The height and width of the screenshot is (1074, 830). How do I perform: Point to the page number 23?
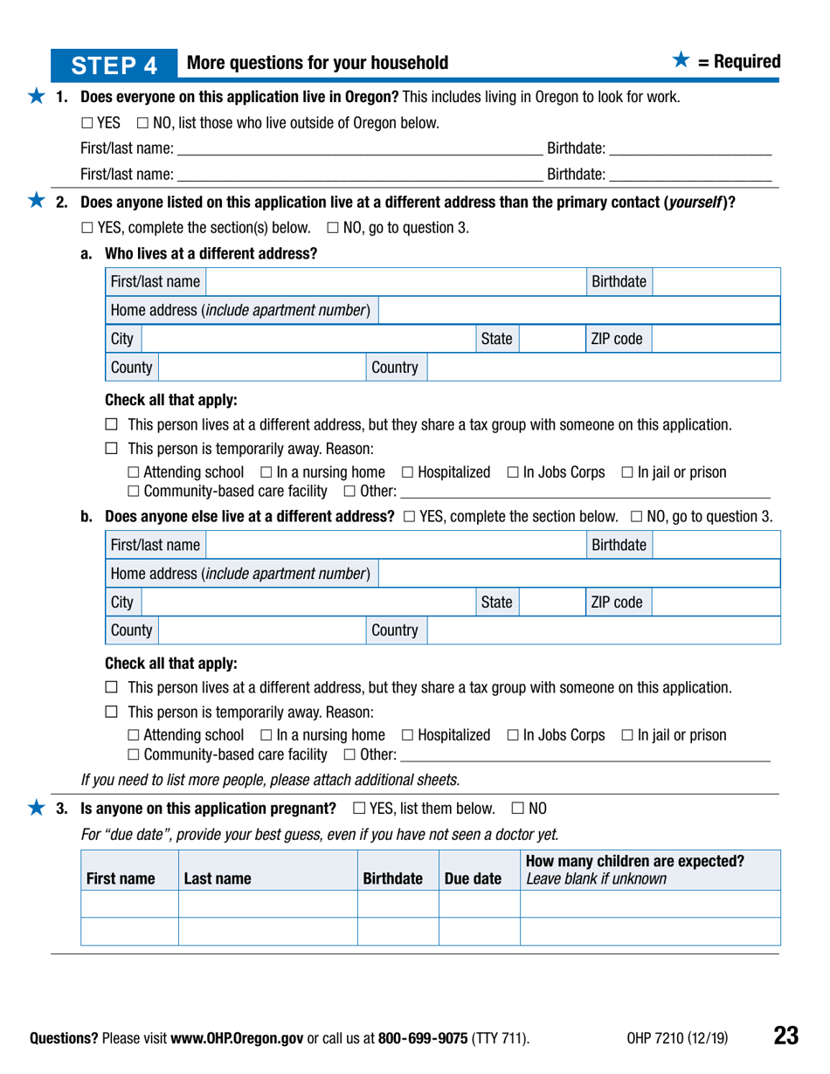coord(785,1036)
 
